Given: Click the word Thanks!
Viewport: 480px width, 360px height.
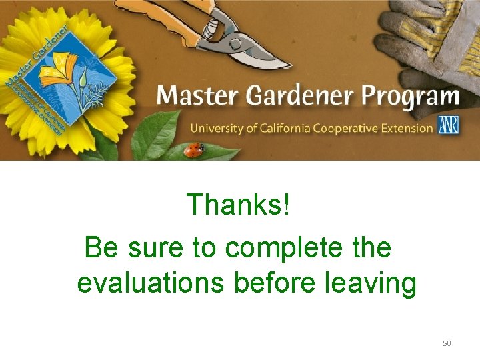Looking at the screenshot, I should pos(238,205).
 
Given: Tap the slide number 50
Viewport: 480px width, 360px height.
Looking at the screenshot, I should pos(447,343).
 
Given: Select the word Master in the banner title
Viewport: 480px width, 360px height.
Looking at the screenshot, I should pos(198,97).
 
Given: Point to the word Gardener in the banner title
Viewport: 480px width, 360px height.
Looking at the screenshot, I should pos(301,97).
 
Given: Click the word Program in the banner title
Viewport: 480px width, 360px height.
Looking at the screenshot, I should pos(411,97).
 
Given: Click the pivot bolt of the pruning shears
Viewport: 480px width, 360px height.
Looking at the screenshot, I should pos(235,43).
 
